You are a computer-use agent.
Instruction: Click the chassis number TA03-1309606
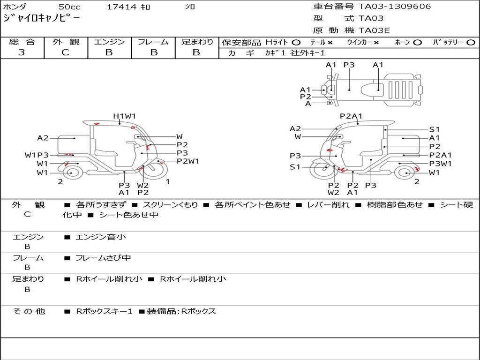(x=394, y=7)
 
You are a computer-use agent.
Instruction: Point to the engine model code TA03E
(x=374, y=31)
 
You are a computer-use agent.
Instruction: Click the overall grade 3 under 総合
(x=22, y=52)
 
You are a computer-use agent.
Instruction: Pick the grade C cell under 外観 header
(x=65, y=52)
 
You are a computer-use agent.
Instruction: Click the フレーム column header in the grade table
(x=153, y=42)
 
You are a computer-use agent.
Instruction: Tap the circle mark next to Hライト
(x=296, y=43)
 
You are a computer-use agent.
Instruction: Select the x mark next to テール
(x=330, y=43)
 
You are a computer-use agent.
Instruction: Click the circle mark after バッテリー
(x=470, y=43)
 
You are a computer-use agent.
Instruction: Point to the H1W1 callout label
(x=124, y=116)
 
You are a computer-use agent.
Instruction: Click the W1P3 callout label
(x=37, y=155)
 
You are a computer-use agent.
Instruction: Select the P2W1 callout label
(x=188, y=161)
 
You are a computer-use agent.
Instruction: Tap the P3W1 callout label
(x=440, y=164)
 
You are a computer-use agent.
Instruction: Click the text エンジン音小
(x=101, y=237)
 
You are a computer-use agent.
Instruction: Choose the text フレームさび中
(x=103, y=258)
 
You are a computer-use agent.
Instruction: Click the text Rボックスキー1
(x=104, y=311)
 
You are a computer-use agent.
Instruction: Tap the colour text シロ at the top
(x=189, y=7)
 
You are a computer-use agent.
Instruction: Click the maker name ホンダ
(x=15, y=7)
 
